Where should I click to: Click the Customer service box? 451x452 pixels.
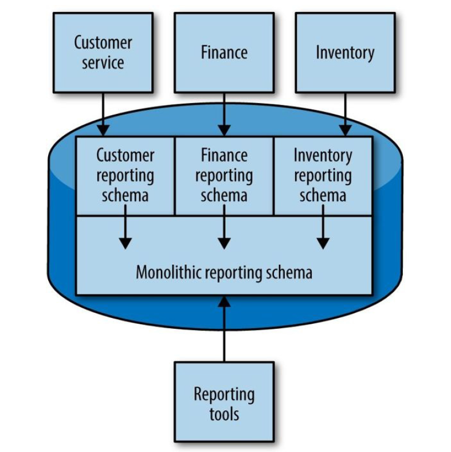tap(103, 53)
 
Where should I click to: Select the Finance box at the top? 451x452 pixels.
tap(224, 53)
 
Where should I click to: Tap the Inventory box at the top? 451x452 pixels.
tap(345, 53)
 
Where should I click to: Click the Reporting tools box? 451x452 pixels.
tap(224, 404)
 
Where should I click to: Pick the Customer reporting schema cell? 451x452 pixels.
tap(125, 175)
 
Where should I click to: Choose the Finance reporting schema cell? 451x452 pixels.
tap(224, 175)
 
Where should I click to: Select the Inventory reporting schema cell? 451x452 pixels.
tap(323, 175)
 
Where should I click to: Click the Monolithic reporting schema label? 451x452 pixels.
tap(224, 272)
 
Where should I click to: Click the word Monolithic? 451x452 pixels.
tap(162, 272)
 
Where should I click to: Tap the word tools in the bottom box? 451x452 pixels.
tap(224, 414)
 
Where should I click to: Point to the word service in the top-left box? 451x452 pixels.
tap(103, 62)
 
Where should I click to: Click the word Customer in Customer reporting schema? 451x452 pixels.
tap(125, 156)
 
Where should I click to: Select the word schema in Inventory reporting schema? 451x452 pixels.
tap(323, 195)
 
